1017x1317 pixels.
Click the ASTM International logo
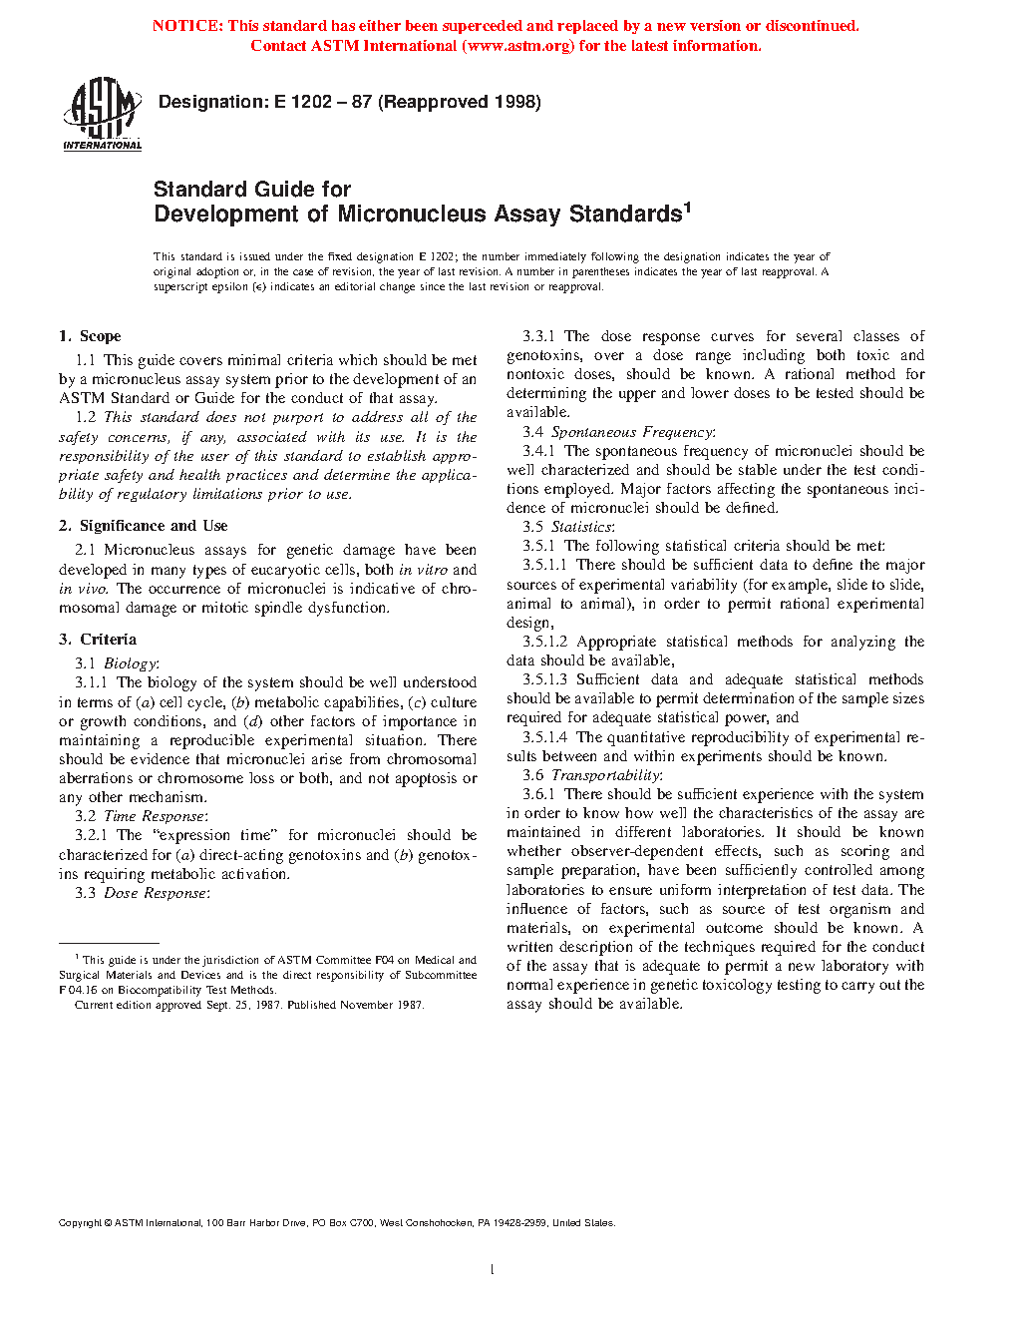(x=102, y=114)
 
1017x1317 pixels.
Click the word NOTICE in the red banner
(x=187, y=26)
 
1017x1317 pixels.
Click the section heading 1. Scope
(x=90, y=336)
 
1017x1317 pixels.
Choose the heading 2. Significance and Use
(x=144, y=526)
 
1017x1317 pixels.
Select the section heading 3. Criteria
(x=98, y=640)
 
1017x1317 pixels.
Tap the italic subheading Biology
(x=130, y=663)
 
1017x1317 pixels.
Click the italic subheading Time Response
(x=155, y=816)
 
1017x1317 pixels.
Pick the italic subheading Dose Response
(x=155, y=893)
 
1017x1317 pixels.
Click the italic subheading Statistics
(x=581, y=527)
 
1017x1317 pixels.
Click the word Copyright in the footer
(x=80, y=1223)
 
